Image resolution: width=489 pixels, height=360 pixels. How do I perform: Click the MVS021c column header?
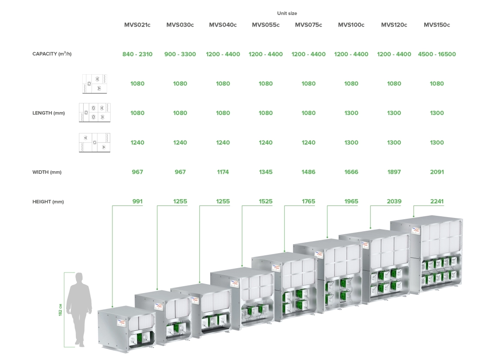click(x=137, y=25)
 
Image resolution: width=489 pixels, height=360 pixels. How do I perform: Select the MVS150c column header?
click(x=437, y=25)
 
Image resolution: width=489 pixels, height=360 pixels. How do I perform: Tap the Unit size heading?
click(x=287, y=14)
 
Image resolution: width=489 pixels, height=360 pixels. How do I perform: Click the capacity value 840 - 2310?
click(x=137, y=54)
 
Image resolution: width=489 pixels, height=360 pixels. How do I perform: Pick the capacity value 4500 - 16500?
click(x=437, y=54)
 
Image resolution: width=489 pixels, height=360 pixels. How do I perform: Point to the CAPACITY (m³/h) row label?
click(x=52, y=54)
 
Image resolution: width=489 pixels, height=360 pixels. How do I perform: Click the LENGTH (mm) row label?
click(x=48, y=113)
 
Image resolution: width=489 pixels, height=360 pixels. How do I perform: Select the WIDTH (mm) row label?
click(x=47, y=172)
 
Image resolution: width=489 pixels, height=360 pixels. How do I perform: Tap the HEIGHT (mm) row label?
click(x=48, y=202)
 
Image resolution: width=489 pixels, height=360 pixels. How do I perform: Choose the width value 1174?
click(x=223, y=172)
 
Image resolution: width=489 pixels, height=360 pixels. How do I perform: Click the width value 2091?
click(x=437, y=172)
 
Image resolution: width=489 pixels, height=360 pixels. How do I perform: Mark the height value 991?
click(x=137, y=201)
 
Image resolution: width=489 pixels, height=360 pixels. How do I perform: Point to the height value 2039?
click(x=394, y=201)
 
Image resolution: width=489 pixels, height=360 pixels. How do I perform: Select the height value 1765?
click(x=308, y=201)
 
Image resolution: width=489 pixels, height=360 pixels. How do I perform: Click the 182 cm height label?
click(x=60, y=310)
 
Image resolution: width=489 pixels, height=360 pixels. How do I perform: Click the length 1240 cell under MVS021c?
click(x=137, y=142)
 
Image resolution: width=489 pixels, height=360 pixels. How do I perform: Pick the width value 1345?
click(x=266, y=172)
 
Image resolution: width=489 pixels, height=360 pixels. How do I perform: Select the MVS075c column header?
click(x=308, y=25)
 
